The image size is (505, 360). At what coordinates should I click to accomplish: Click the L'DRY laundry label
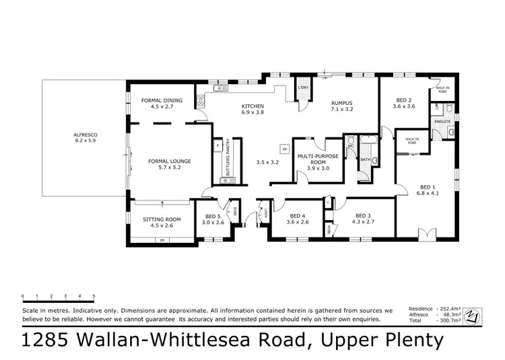pos(303,87)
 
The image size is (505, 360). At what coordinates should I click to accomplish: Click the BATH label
pos(365,159)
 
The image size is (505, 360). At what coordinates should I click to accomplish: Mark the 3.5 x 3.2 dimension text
pos(267,162)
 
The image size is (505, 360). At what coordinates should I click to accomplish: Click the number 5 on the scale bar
pos(94,295)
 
